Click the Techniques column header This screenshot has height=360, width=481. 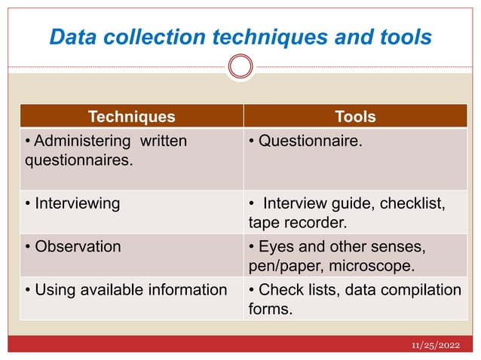[131, 117]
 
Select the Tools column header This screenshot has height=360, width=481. [355, 117]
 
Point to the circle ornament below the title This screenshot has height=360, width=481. [240, 66]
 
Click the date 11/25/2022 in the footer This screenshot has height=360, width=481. [437, 345]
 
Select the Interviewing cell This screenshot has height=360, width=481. [72, 203]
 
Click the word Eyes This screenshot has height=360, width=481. [274, 246]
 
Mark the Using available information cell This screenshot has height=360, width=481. [126, 290]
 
